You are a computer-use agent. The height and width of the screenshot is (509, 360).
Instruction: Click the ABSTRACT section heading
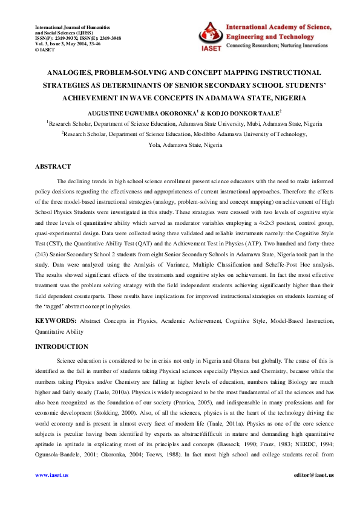53,166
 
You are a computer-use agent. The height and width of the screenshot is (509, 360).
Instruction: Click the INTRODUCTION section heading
61,346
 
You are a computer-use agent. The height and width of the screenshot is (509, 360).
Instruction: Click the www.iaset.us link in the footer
51,475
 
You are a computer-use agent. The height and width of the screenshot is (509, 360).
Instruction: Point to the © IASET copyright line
47,50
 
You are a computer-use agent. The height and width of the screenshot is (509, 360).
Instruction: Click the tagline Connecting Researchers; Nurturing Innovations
278,46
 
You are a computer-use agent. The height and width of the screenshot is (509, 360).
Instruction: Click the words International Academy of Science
278,28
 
